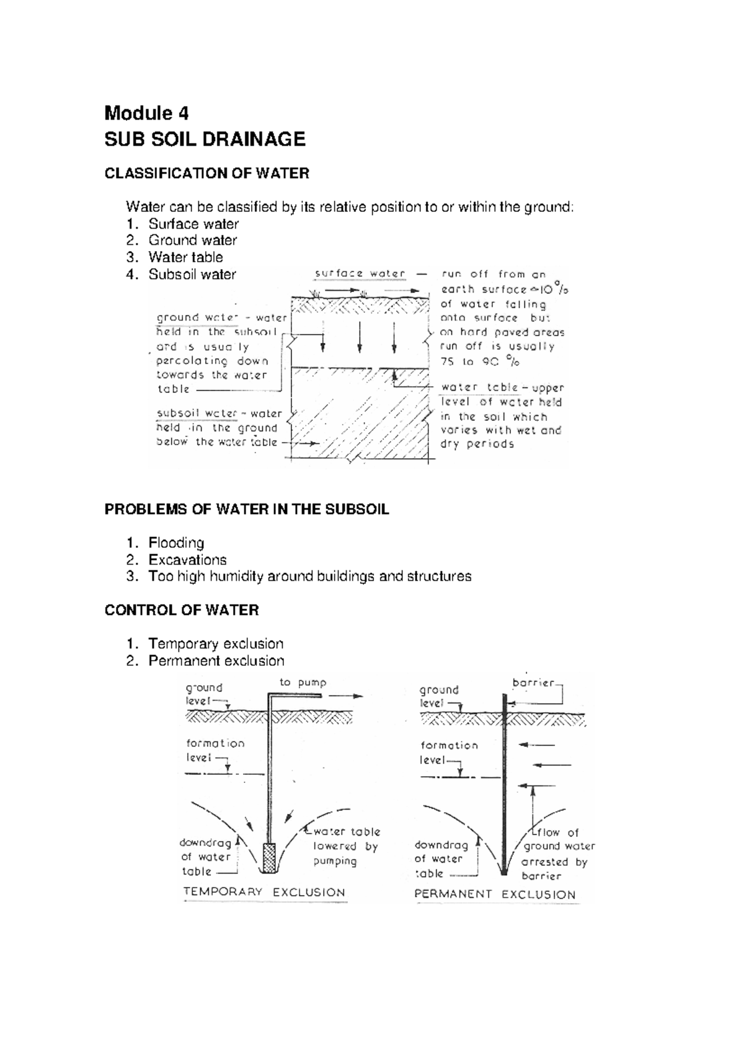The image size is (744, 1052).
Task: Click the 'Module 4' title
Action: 146,113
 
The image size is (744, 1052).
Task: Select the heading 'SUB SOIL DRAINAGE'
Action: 205,139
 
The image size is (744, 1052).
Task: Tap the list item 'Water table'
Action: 185,257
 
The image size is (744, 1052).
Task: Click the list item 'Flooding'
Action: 175,543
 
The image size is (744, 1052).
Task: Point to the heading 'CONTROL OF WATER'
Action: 181,611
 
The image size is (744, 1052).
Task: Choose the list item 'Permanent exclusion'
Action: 216,661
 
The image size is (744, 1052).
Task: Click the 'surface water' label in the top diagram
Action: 360,273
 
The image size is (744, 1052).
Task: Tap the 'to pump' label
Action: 303,683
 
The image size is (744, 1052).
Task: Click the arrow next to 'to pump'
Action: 345,696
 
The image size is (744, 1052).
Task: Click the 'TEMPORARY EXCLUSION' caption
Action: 264,893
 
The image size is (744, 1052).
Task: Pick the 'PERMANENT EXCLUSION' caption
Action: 495,895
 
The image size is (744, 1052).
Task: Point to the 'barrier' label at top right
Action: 533,683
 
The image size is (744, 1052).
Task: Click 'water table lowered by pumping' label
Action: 345,846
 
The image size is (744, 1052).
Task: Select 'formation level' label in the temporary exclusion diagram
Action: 215,749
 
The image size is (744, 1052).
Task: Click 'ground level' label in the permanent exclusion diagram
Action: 439,696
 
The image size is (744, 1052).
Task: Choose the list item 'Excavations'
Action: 187,560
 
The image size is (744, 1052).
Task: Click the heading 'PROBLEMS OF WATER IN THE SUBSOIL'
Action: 247,510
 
